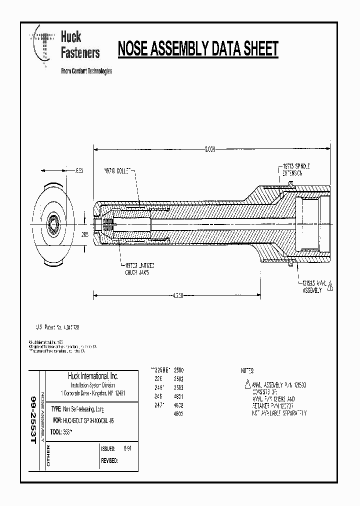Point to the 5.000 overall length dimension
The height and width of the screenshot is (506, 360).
pos(210,149)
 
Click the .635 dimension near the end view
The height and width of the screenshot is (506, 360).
pos(78,170)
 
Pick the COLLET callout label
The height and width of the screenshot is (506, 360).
pos(117,170)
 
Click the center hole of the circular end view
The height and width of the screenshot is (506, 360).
pos(52,221)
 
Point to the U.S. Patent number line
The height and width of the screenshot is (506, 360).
pos(56,327)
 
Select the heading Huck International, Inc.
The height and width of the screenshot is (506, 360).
pos(93,376)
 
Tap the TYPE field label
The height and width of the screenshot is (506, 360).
pos(56,408)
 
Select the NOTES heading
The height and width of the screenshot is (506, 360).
pos(248,371)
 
